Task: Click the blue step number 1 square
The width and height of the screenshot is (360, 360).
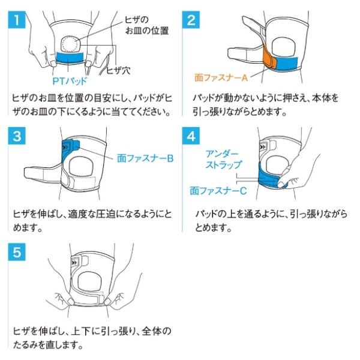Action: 17,20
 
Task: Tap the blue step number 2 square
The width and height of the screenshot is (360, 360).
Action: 191,20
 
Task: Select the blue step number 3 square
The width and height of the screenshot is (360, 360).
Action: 17,136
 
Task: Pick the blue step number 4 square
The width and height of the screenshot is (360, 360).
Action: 191,136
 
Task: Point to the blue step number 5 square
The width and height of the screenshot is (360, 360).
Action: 17,252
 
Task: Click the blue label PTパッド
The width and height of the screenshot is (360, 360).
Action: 70,81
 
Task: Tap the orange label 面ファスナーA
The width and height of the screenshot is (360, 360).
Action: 221,77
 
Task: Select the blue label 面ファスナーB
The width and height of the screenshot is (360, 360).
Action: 145,158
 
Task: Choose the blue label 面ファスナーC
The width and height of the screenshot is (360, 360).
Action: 218,191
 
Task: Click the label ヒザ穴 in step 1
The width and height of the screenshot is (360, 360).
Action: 118,70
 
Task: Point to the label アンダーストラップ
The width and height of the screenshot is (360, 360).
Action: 223,160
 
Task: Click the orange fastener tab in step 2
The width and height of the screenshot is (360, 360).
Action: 270,58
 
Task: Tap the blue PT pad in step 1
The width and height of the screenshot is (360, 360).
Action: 70,58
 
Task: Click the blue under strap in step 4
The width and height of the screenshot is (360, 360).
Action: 271,177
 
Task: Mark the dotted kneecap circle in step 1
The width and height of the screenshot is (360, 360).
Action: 70,44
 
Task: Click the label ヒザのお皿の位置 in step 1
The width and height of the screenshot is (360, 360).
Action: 147,25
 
